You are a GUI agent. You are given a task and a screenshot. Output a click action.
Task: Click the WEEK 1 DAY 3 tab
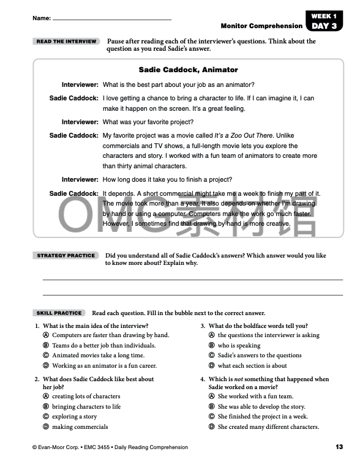[x=324, y=21]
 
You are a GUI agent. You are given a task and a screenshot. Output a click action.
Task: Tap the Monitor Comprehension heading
[x=261, y=26]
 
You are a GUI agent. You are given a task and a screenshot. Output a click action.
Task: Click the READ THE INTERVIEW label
[x=66, y=42]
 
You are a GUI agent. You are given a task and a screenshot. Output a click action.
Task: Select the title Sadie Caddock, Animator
[x=188, y=70]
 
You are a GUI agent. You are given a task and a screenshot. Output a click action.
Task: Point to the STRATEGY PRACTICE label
[x=66, y=255]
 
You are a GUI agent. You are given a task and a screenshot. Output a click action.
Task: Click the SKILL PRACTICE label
[x=59, y=313]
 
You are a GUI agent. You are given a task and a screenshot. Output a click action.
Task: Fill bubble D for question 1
[x=46, y=366]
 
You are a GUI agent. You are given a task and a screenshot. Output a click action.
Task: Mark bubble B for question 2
[x=46, y=407]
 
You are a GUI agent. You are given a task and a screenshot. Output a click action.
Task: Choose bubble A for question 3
[x=212, y=335]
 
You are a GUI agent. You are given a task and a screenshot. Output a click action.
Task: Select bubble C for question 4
[x=212, y=417]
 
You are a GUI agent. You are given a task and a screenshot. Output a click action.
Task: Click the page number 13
[x=339, y=447]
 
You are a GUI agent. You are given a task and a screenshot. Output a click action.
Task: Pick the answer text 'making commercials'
[x=80, y=427]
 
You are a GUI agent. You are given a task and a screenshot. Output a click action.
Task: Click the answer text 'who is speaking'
[x=239, y=346]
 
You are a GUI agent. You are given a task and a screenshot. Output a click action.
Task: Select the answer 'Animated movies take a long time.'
[x=98, y=355]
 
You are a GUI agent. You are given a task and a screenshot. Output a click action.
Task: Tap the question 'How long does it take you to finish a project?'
[x=167, y=180]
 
